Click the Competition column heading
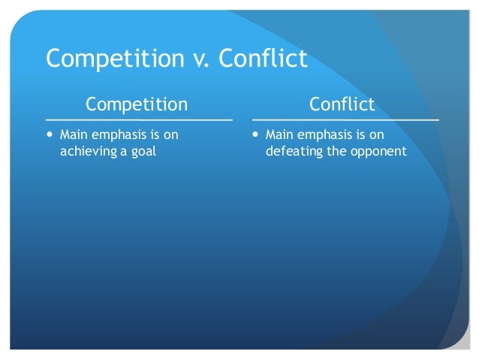point(137,103)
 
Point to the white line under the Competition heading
point(139,119)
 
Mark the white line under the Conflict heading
point(345,119)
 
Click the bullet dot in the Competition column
point(50,136)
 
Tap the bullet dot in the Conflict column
point(257,136)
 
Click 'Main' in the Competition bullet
point(74,136)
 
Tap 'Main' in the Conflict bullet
point(280,136)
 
